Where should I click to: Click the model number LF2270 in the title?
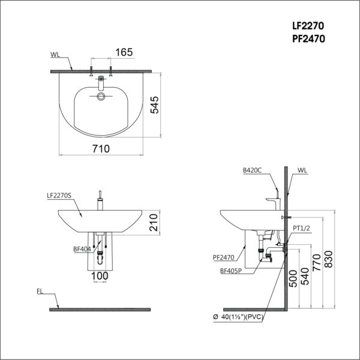point(308,26)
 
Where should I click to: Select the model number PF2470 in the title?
point(308,39)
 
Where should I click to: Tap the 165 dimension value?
point(124,52)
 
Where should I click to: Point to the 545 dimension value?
point(155,105)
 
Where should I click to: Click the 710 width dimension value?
point(101,149)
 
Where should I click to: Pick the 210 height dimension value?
point(154,223)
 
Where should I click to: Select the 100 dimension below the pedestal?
point(100,276)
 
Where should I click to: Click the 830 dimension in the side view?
point(328,259)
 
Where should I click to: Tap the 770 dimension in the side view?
point(316,262)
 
